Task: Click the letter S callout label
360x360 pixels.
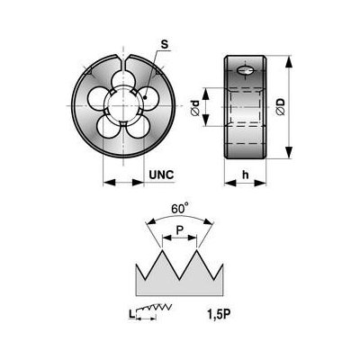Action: (x=165, y=45)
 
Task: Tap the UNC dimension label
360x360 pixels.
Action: (x=162, y=175)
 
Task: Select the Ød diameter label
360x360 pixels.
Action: (x=195, y=108)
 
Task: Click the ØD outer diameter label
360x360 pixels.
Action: (x=281, y=106)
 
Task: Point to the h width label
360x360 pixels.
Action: (x=246, y=175)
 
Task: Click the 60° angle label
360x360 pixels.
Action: (x=180, y=208)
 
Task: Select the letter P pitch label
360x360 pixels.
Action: (x=179, y=230)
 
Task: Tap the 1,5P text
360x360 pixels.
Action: (x=219, y=314)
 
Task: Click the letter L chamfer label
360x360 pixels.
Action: (x=131, y=314)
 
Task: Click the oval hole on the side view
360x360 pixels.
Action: (x=246, y=71)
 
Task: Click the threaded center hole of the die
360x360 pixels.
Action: (x=123, y=105)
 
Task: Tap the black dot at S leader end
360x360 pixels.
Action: (x=145, y=97)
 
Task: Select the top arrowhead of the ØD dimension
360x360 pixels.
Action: (x=288, y=62)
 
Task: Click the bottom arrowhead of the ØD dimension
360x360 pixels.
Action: (x=288, y=152)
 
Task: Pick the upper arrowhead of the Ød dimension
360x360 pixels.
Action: (x=205, y=94)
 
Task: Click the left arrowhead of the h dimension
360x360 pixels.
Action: (x=230, y=183)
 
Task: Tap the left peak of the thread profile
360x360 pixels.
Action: (x=162, y=250)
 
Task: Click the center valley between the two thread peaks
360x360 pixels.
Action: (x=179, y=279)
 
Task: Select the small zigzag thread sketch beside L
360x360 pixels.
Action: (x=154, y=309)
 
